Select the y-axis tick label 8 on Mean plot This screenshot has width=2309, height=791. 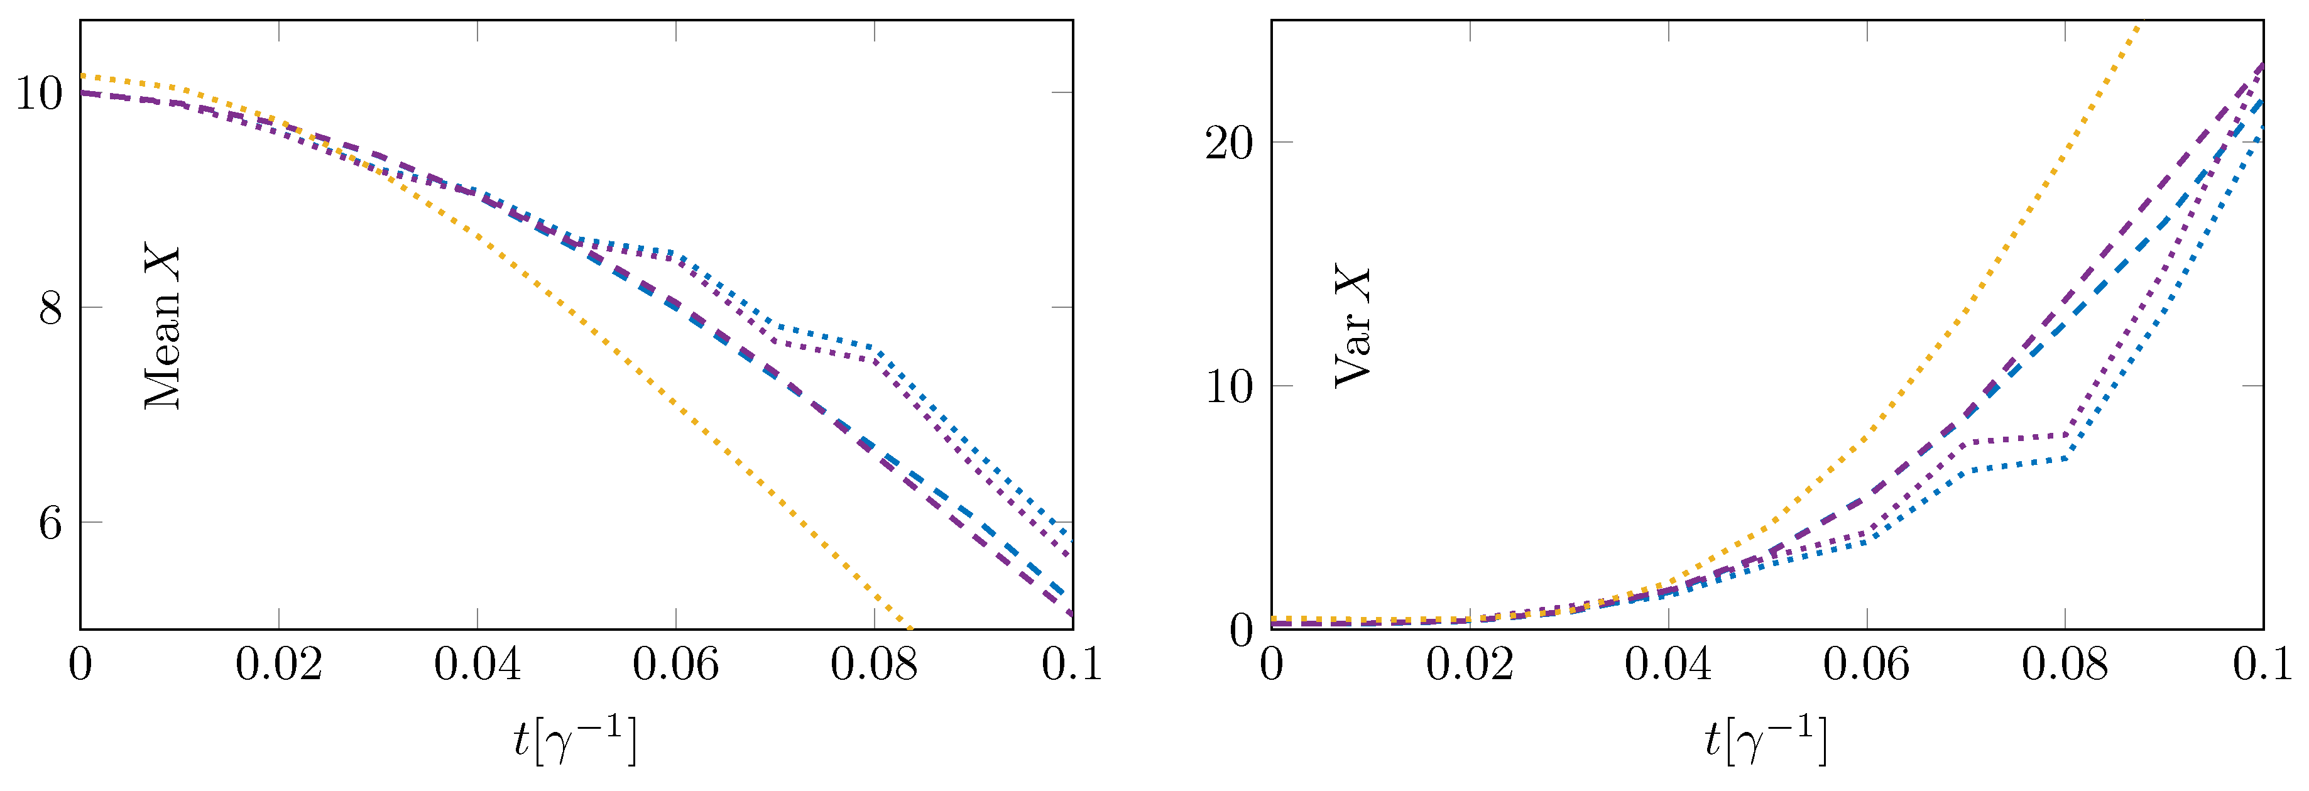point(51,308)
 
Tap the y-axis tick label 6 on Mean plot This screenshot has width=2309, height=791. point(51,522)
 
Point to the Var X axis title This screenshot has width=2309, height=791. point(1353,327)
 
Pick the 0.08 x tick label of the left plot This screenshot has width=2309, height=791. point(874,665)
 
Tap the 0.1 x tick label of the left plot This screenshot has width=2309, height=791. point(1071,665)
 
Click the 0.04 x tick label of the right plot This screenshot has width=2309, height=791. point(1668,665)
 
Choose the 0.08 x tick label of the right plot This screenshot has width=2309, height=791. point(2065,665)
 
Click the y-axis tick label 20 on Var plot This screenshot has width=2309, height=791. point(1229,143)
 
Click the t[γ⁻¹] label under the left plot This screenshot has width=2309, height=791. point(574,741)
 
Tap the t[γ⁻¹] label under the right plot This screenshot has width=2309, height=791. point(1765,741)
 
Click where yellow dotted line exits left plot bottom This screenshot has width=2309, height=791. point(910,628)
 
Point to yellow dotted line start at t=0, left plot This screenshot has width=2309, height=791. point(82,76)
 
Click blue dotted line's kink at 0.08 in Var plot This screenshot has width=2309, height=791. point(2065,458)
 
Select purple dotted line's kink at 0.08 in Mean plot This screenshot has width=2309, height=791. point(874,359)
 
